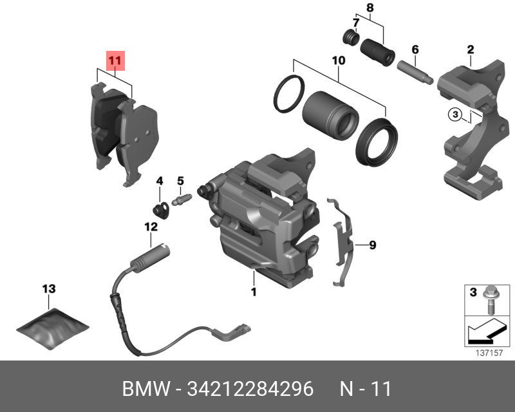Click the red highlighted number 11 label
tap(115, 62)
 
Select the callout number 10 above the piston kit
tap(338, 61)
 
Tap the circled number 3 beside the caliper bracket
tap(454, 115)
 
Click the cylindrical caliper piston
tap(330, 115)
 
